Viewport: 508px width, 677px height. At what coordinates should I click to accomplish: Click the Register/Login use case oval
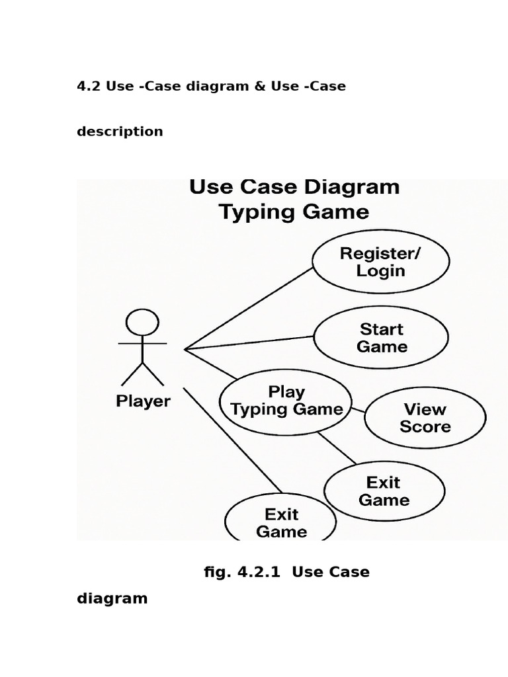coord(380,262)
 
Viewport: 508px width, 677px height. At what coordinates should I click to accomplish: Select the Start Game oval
coord(381,338)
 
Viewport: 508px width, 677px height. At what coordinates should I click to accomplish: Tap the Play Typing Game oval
coord(286,401)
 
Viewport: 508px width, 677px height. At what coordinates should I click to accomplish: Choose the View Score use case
coord(425,418)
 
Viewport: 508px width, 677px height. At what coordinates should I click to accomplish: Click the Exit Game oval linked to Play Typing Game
coord(384,491)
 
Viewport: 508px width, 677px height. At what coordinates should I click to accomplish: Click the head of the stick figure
coord(142,323)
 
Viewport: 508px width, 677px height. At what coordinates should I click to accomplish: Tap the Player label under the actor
coord(143,401)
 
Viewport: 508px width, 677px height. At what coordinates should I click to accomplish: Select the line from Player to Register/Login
coord(248,308)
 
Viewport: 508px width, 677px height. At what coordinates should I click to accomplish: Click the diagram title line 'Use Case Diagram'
coord(294,187)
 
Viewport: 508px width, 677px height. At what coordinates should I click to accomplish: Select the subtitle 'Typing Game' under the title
coord(294,212)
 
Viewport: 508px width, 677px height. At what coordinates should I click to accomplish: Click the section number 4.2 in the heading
coord(88,86)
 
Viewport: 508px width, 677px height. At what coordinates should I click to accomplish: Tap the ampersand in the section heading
coord(258,86)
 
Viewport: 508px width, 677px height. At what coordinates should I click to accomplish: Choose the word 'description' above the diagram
coord(120,131)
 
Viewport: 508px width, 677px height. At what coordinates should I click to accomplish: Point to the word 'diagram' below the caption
coord(112,598)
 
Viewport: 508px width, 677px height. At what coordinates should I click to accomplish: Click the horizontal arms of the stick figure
coord(142,344)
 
